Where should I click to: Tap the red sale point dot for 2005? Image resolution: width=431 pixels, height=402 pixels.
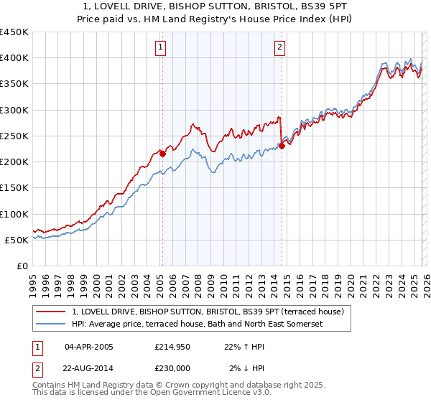coord(162,153)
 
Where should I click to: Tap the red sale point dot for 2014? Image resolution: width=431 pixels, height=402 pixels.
coord(282,146)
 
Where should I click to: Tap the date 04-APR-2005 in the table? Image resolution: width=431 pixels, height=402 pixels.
coord(88,347)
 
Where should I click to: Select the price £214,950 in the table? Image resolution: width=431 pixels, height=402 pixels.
coord(171,347)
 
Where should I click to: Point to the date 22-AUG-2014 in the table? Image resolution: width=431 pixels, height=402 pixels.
coord(88,369)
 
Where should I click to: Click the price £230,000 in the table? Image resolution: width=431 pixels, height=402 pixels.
coord(171,369)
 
